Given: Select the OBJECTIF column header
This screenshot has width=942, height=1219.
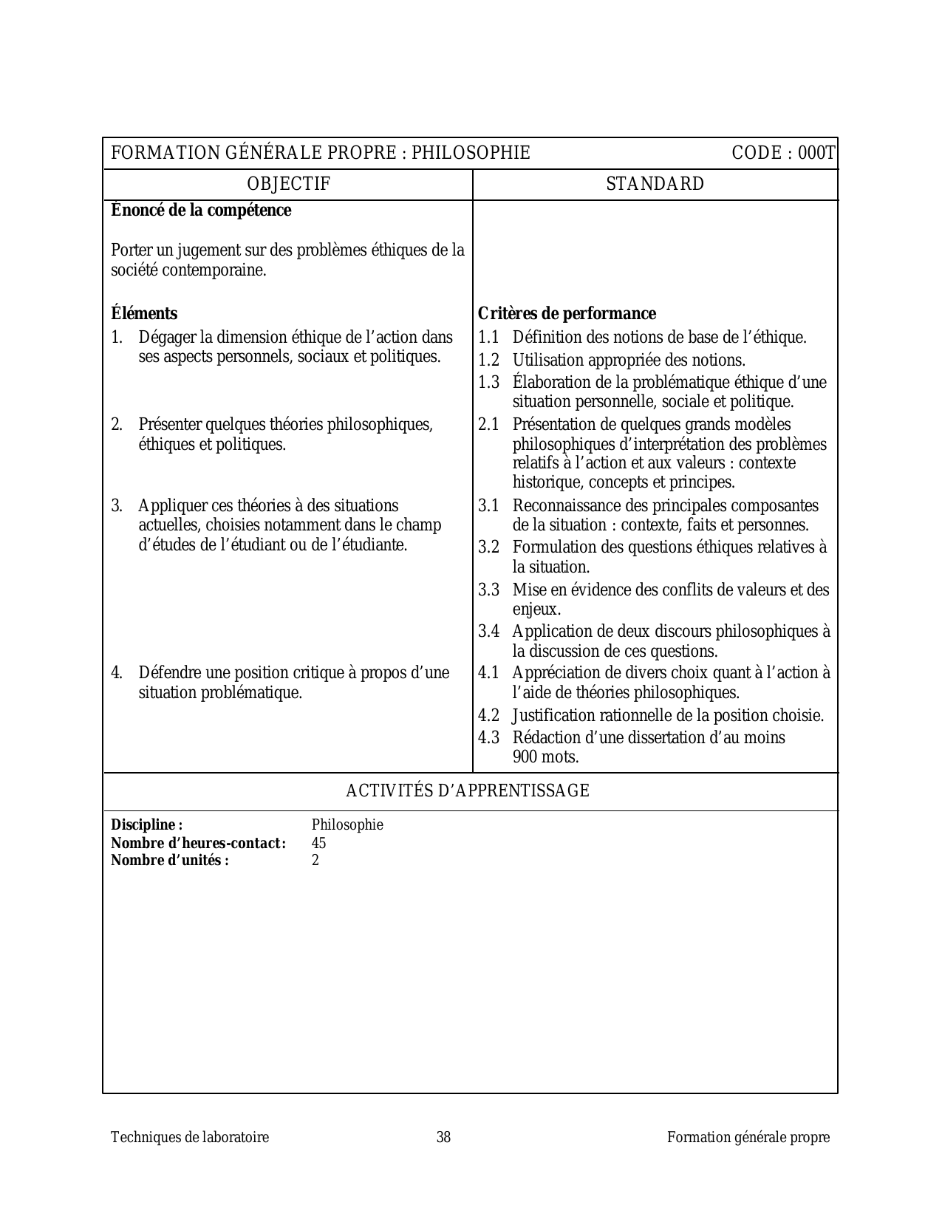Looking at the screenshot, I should pos(288,184).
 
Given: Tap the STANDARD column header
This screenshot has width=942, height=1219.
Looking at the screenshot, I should pos(655,184).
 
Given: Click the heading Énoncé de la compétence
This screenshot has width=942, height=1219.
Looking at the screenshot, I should pos(201,211).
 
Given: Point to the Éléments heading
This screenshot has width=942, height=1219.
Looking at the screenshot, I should pos(144,313).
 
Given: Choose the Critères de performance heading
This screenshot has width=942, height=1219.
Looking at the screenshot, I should pos(567,313).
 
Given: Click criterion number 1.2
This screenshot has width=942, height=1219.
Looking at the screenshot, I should pos(488,361).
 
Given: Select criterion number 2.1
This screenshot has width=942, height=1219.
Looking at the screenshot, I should pos(488,425).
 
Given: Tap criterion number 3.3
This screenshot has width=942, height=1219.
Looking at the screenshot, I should pos(488,590).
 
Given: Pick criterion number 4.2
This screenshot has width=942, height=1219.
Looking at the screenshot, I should pos(488,716).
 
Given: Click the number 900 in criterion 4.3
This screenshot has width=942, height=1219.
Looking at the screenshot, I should pos(525,757).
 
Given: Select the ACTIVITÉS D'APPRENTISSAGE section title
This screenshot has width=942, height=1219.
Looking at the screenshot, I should pos(468,791).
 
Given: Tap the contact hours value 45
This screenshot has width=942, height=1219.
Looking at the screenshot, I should pos(318,843).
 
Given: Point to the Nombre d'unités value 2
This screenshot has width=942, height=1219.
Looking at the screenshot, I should pos(315,860).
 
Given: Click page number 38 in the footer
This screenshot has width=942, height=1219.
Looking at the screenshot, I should pos(443,1138).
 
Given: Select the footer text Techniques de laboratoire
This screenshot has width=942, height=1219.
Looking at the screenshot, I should pos(190,1138).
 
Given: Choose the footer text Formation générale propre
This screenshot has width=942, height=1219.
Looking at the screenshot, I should pos(748,1138).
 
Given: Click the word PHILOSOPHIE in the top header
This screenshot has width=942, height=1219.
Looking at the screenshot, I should pos(471,153).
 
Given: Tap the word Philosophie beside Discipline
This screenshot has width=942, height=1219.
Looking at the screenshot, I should pos(347,825).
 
